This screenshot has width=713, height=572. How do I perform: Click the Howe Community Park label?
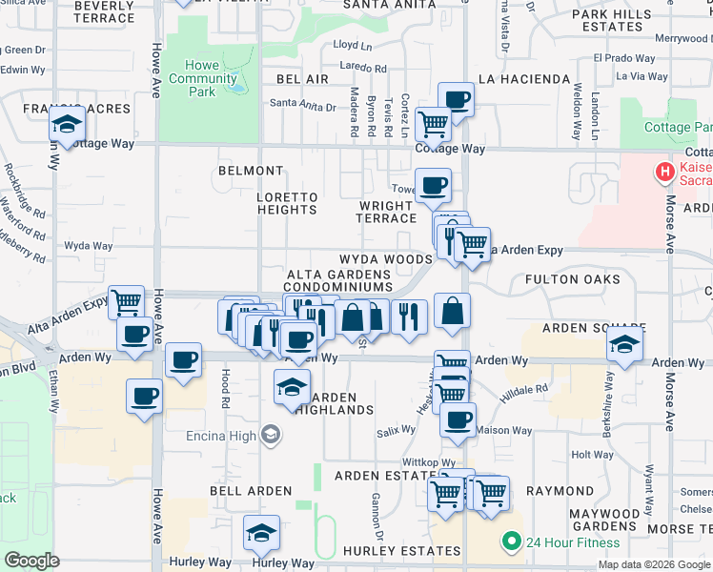click(202, 79)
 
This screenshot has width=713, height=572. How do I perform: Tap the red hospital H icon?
click(662, 173)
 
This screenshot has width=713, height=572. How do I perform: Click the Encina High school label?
click(232, 436)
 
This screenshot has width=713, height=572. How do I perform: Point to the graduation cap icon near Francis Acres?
click(67, 125)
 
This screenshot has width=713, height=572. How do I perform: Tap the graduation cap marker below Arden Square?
click(624, 346)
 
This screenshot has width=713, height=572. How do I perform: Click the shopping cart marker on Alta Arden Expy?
click(126, 303)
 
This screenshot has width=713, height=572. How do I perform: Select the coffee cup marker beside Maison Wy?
click(458, 419)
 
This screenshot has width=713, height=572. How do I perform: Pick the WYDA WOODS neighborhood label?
click(386, 259)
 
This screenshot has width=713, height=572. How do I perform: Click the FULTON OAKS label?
click(572, 280)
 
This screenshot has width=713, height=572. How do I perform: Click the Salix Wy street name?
click(396, 430)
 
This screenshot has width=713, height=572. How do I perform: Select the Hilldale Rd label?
click(528, 389)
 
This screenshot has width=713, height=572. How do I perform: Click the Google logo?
click(31, 561)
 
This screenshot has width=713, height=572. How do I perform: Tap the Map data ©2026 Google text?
click(654, 564)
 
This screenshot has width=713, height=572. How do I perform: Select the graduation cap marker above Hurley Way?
click(261, 534)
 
